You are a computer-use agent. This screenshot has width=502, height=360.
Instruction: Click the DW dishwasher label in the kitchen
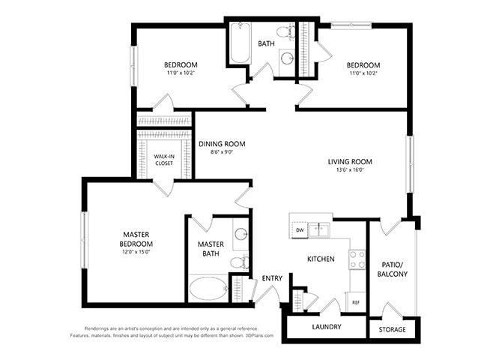coord(300,229)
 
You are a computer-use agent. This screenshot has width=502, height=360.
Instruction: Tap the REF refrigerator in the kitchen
coord(355,302)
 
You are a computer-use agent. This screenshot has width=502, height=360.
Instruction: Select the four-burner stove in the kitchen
coord(357,259)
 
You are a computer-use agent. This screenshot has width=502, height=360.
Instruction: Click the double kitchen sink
coord(319,229)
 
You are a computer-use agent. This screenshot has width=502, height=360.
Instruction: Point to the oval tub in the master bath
coord(208,288)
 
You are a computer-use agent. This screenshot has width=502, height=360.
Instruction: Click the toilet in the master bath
coord(240,262)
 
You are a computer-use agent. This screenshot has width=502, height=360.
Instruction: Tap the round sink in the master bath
coord(240,234)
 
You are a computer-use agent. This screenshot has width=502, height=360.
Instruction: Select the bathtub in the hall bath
coord(241,43)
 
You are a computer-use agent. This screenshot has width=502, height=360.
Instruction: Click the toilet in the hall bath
coord(286,32)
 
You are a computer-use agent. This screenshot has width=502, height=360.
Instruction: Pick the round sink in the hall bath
coord(287,58)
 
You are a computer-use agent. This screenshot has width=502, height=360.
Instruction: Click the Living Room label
coord(350,161)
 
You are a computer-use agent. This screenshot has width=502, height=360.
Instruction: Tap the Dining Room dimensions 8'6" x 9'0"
coord(222,152)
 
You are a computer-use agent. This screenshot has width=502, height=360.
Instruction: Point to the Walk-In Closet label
coord(164,160)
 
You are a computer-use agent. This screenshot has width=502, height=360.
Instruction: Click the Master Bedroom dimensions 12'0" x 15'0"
coord(136,252)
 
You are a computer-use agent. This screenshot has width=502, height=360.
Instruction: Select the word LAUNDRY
coord(327,327)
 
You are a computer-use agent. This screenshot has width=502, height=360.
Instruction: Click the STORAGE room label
coord(392,329)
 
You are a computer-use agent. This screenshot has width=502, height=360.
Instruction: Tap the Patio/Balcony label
coord(392,269)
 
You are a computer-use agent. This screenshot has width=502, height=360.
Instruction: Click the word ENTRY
coord(272,278)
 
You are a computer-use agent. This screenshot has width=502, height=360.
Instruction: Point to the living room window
coord(410,164)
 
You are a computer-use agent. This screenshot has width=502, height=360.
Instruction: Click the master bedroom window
coord(84,240)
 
